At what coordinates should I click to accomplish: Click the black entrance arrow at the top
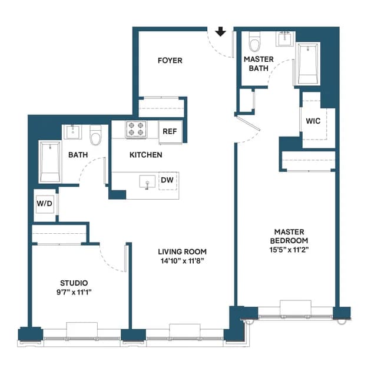pyautogui.click(x=221, y=31)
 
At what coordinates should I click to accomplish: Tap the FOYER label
pyautogui.click(x=170, y=61)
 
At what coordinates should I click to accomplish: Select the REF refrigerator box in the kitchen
pyautogui.click(x=170, y=131)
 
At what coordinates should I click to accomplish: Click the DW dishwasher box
pyautogui.click(x=167, y=180)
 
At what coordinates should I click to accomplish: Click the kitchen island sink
pyautogui.click(x=146, y=182)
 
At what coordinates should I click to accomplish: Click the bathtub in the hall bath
pyautogui.click(x=50, y=162)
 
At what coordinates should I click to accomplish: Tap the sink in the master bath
pyautogui.click(x=285, y=38)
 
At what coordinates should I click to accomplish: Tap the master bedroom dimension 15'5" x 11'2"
pyautogui.click(x=289, y=250)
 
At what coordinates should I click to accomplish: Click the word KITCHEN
pyautogui.click(x=146, y=155)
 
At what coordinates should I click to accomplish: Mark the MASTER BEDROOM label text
pyautogui.click(x=289, y=236)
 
